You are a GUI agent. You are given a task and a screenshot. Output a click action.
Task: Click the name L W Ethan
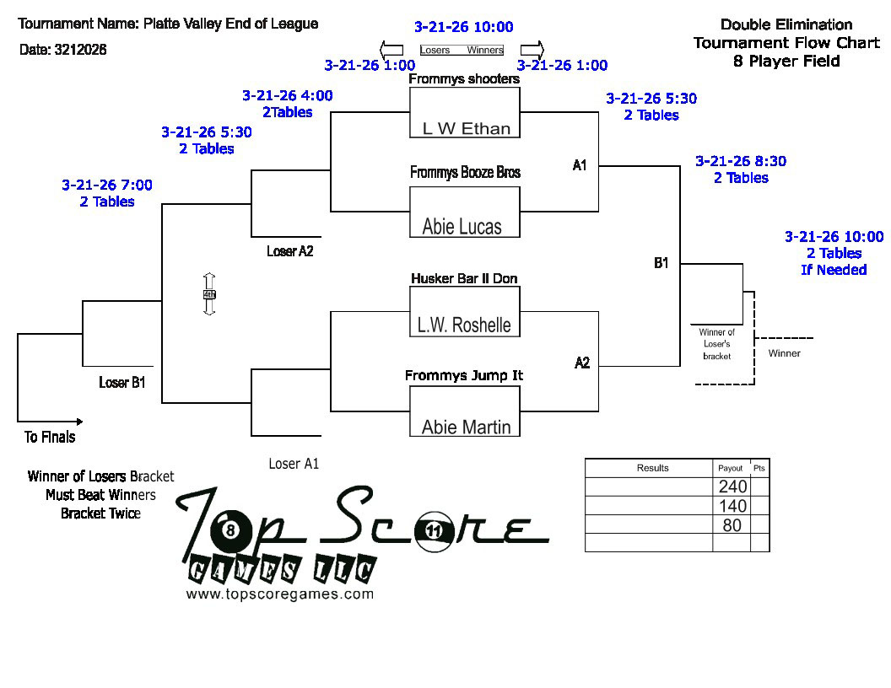[467, 129]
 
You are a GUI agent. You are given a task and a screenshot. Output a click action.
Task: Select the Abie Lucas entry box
[465, 212]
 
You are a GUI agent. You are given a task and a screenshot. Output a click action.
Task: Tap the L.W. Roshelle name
[464, 325]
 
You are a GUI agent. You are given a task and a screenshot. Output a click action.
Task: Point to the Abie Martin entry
[466, 427]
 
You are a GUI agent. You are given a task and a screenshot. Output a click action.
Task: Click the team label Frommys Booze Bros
[466, 172]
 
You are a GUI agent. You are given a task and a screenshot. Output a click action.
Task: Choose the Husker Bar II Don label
[464, 278]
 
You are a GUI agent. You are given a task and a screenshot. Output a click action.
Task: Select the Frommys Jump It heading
[464, 375]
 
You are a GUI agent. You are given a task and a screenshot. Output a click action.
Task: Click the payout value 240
[732, 486]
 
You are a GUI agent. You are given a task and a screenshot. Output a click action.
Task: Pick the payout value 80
[732, 525]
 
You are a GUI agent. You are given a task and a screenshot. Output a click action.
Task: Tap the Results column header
[652, 468]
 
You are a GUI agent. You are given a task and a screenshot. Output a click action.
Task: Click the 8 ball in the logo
[230, 530]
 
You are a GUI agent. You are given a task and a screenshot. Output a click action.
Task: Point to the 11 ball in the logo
[434, 531]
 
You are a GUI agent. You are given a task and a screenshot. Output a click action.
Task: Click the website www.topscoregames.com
[279, 594]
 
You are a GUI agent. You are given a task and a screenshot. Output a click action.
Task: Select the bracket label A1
[579, 165]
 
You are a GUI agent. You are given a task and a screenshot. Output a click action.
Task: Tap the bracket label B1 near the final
[661, 263]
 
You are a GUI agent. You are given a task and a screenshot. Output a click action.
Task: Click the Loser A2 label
[289, 251]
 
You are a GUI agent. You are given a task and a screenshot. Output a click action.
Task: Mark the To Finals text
[50, 437]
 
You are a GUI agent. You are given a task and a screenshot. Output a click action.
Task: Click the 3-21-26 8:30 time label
[741, 161]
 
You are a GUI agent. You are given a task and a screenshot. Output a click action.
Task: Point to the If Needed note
[834, 270]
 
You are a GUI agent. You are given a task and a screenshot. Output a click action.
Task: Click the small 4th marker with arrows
[209, 294]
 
